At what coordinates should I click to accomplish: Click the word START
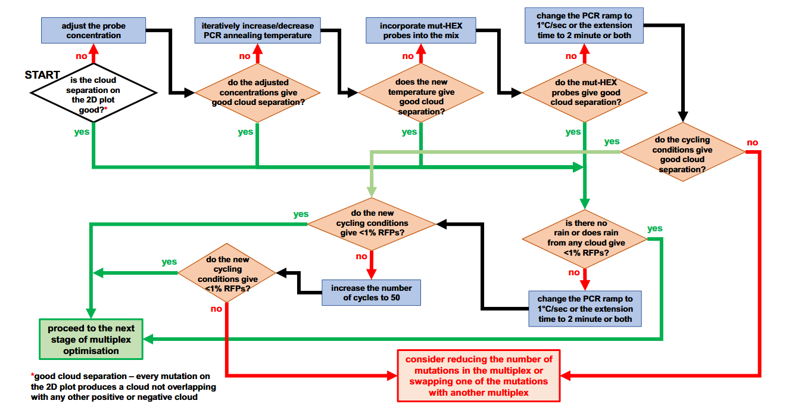pos(42,75)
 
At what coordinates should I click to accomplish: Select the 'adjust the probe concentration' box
pos(93,30)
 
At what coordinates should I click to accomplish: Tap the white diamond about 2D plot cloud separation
pos(93,93)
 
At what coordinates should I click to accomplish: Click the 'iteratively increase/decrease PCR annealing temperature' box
pos(257,30)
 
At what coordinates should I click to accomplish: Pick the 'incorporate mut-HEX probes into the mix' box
pos(420,30)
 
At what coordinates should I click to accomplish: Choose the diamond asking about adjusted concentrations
pos(257,93)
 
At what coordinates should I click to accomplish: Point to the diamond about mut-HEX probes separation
pos(585,93)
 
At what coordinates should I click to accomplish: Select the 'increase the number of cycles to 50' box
pos(371,292)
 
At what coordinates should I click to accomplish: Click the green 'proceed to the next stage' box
pos(91,339)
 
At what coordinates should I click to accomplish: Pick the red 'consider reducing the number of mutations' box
pos(479,375)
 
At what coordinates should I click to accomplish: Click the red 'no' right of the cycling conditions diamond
pos(753,142)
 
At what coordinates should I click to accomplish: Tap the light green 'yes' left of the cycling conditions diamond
pos(612,142)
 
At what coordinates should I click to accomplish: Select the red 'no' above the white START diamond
pos(82,56)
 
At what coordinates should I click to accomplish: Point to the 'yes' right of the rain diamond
pos(654,228)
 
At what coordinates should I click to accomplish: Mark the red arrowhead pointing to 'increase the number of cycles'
pos(371,274)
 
